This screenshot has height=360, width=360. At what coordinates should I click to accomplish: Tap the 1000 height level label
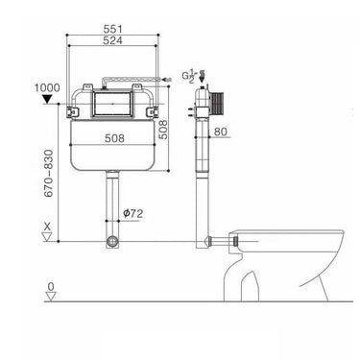click(x=47, y=85)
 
